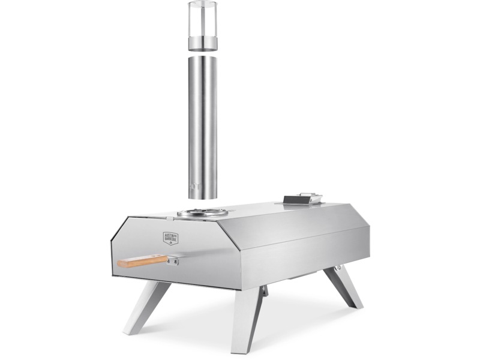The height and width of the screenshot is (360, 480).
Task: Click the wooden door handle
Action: (x=143, y=261)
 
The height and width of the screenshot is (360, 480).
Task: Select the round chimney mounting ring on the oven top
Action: (x=202, y=212)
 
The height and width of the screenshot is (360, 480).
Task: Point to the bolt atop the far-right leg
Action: (x=338, y=266)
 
